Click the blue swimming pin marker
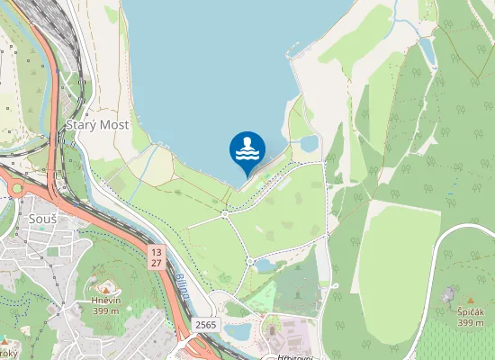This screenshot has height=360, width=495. (x=247, y=150)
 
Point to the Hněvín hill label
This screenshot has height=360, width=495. (x=106, y=301)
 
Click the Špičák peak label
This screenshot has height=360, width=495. (x=471, y=311)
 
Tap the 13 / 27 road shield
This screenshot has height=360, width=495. (x=157, y=256)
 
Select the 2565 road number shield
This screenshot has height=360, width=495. (x=206, y=324)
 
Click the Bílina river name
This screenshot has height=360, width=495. (x=182, y=287)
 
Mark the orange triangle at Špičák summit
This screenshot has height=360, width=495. (x=470, y=300)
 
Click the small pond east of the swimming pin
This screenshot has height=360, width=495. (x=309, y=144)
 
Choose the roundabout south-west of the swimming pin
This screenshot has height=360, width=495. (x=224, y=214)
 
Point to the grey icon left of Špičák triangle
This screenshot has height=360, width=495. (x=449, y=293)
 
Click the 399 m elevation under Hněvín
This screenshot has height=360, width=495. (x=106, y=311)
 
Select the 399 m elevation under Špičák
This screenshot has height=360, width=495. (x=471, y=322)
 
